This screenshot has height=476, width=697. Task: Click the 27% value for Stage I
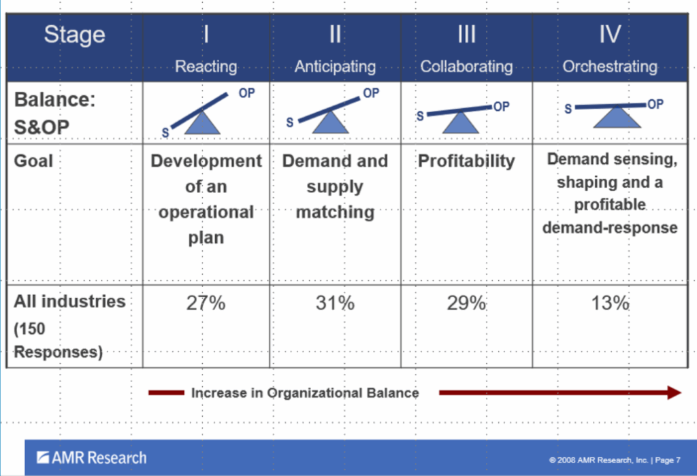click(x=206, y=303)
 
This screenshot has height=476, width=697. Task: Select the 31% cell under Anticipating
click(x=335, y=303)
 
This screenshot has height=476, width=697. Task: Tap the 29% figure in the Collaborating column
click(x=466, y=303)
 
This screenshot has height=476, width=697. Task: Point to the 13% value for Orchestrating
click(x=610, y=303)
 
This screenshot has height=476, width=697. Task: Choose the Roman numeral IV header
click(x=610, y=34)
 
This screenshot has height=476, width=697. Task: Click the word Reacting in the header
click(x=206, y=67)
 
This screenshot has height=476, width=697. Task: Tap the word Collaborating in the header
click(x=466, y=67)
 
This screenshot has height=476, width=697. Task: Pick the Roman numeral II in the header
click(x=335, y=34)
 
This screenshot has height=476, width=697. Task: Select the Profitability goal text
click(x=466, y=161)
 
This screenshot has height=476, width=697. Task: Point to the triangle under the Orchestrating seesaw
click(x=617, y=118)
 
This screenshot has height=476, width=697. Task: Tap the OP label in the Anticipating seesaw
click(x=371, y=93)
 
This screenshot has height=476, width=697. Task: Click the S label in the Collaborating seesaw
click(x=420, y=116)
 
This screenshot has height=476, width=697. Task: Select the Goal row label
click(x=33, y=161)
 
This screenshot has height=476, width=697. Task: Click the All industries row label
click(x=69, y=301)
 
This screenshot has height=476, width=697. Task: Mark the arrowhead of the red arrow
click(x=673, y=392)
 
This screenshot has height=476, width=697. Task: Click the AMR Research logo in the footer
click(x=91, y=458)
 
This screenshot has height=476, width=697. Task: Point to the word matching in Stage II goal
click(x=335, y=211)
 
